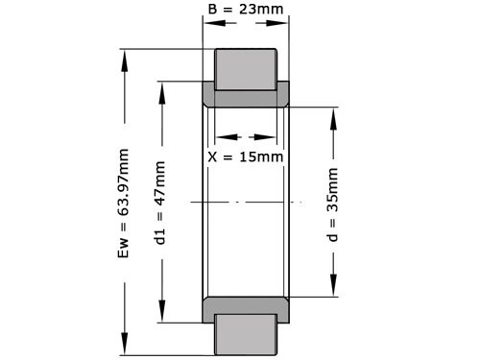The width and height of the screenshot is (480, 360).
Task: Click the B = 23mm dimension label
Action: (x=245, y=12)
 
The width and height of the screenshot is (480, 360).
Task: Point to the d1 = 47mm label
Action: (x=161, y=204)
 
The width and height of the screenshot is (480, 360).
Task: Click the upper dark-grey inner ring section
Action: (x=246, y=96)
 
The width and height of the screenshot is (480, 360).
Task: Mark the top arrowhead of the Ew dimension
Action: (x=123, y=53)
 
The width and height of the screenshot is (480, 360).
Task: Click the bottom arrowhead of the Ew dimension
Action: (x=123, y=349)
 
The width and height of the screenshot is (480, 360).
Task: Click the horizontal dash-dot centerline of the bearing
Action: (x=240, y=202)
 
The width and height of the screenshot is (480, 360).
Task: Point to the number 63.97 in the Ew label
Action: (x=123, y=189)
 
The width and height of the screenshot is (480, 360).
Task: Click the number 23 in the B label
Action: (x=249, y=12)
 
